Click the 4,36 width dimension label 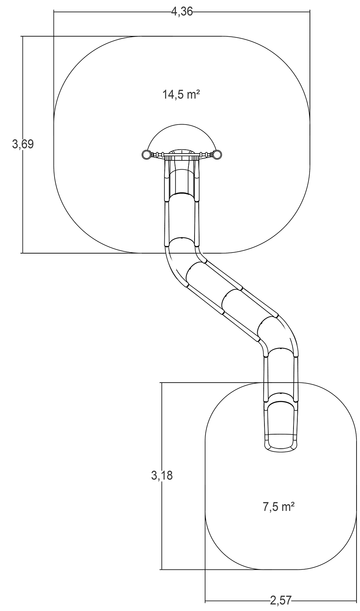click(x=182, y=11)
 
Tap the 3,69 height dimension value click(x=23, y=144)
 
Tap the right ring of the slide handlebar click(x=217, y=155)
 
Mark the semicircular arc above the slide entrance click(x=182, y=124)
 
